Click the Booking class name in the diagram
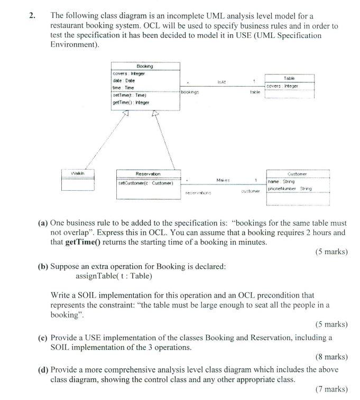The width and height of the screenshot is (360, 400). (144, 66)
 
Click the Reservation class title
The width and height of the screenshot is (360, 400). (148, 174)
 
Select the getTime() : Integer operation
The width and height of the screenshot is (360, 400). (131, 102)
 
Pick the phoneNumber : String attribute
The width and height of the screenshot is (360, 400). (290, 188)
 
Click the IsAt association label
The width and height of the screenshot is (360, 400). (221, 81)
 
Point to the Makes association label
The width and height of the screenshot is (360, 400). (223, 181)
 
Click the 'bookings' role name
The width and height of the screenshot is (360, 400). (189, 92)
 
